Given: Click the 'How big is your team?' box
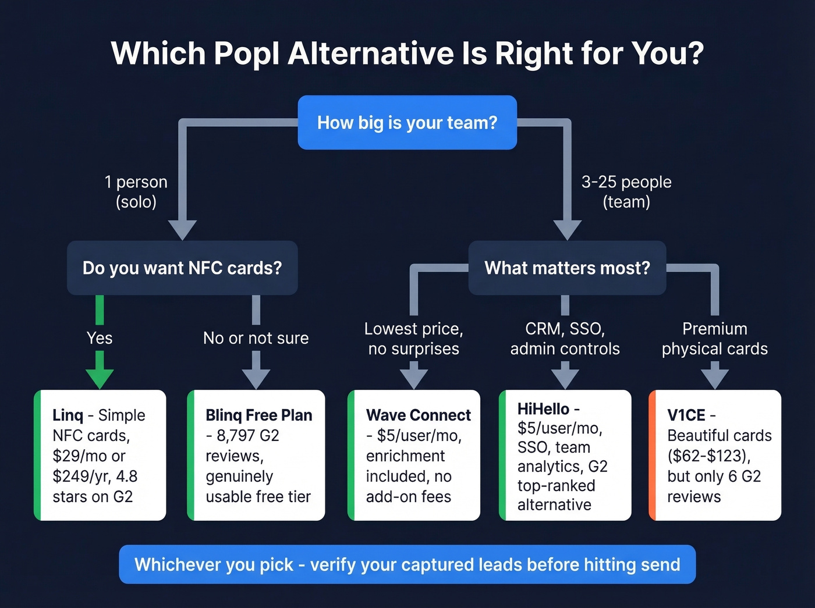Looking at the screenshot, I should coord(407,123).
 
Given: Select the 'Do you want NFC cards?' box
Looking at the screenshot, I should coord(182,268).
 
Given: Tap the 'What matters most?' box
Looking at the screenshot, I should coord(567,268).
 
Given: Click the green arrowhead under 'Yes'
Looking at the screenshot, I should coord(100,378).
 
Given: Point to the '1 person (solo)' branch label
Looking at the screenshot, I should coord(136,192).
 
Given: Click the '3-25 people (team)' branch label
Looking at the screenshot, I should coord(626,192).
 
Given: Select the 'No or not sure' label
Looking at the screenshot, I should coord(256,338).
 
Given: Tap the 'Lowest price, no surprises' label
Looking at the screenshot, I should coord(413,339).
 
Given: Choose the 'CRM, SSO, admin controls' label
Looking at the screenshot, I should coord(565,339).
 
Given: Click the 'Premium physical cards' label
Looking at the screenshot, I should coord(714,339).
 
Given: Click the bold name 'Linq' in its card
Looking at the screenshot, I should coord(68,415).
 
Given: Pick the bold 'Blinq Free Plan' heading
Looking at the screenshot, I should coord(258,415).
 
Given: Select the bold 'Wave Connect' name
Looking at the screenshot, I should coord(418,415).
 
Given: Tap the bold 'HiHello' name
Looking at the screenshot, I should coord(543,409).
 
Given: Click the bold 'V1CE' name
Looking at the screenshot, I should coord(686,415).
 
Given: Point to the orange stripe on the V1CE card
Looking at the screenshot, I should coord(653,455).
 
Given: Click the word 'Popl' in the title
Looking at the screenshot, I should coord(247,54).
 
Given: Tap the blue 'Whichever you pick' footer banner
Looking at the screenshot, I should coord(407,564).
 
